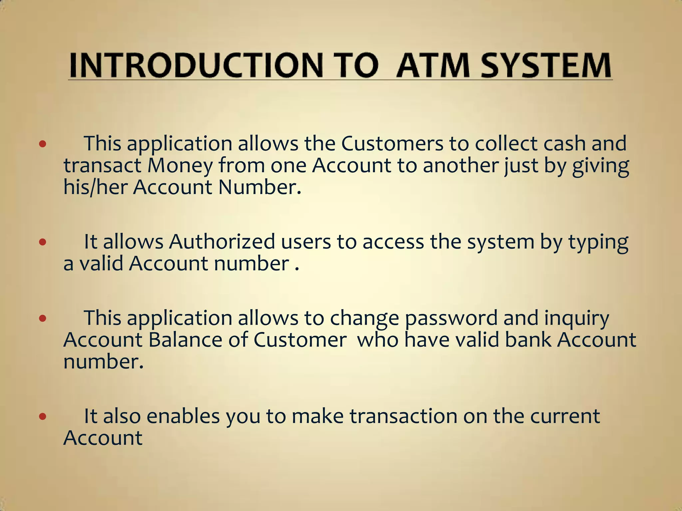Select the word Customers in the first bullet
point(392,143)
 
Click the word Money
point(180,166)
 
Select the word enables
point(183,416)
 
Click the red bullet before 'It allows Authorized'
point(42,242)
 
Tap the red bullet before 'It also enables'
point(42,416)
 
